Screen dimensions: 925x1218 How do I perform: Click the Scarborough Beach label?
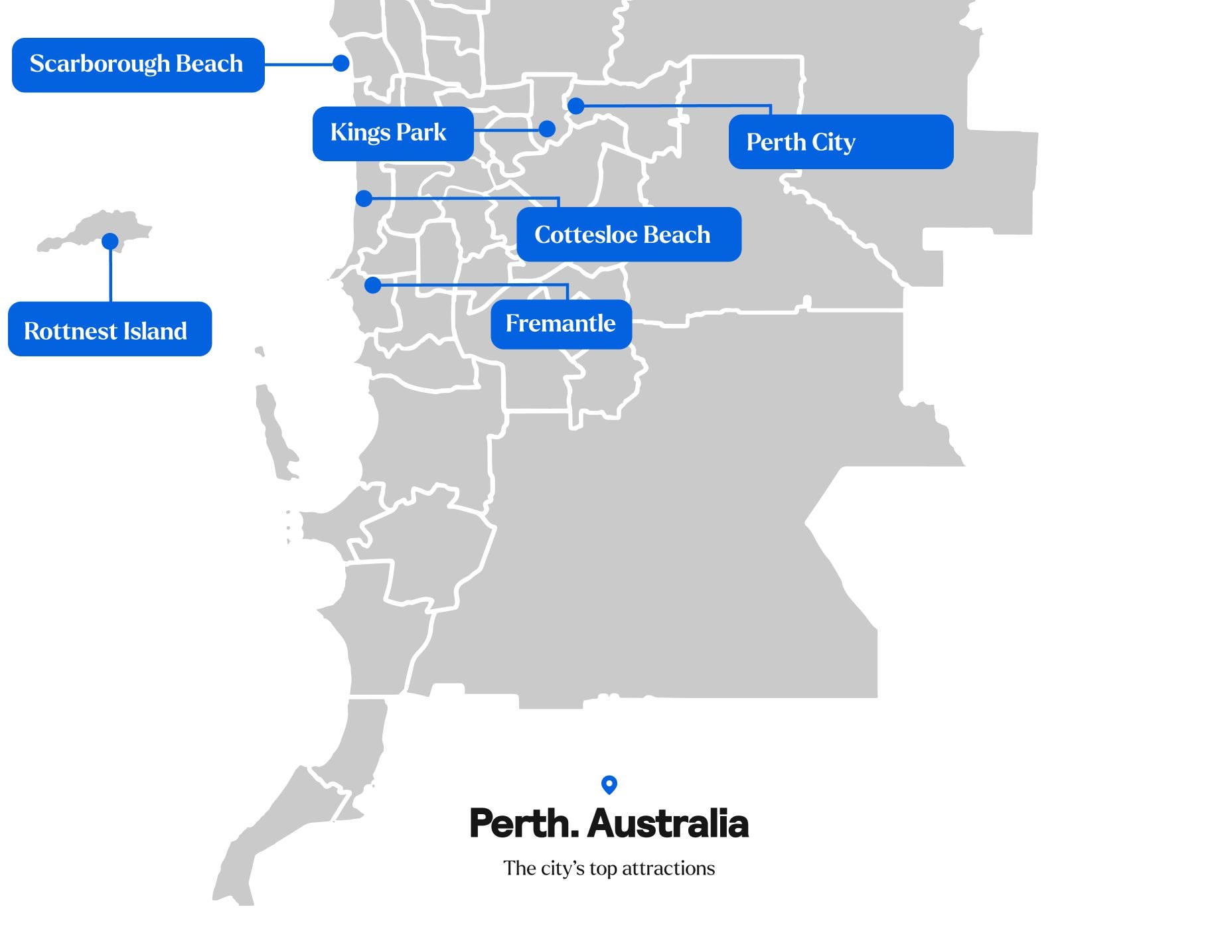click(x=138, y=65)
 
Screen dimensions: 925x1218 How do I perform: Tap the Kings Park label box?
click(x=392, y=133)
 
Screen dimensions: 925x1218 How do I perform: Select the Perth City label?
click(x=840, y=142)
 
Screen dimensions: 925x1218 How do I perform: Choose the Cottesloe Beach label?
click(x=628, y=234)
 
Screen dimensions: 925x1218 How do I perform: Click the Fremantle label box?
click(x=561, y=324)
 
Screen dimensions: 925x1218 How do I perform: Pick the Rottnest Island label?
click(x=110, y=330)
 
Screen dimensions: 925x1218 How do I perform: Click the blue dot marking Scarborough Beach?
click(x=341, y=63)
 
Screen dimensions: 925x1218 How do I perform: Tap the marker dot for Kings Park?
click(x=547, y=129)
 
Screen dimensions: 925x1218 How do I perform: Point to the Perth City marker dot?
click(x=575, y=106)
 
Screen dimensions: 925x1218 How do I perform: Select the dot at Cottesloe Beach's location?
click(x=364, y=198)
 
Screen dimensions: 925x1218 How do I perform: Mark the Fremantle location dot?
click(x=373, y=285)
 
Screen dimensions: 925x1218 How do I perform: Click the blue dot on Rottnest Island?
click(x=110, y=241)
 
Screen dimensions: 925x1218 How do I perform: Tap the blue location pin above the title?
click(x=609, y=784)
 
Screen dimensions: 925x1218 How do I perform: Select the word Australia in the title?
click(x=668, y=823)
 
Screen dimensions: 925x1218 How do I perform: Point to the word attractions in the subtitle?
click(x=668, y=869)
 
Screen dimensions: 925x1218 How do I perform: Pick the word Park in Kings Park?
click(x=421, y=133)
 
